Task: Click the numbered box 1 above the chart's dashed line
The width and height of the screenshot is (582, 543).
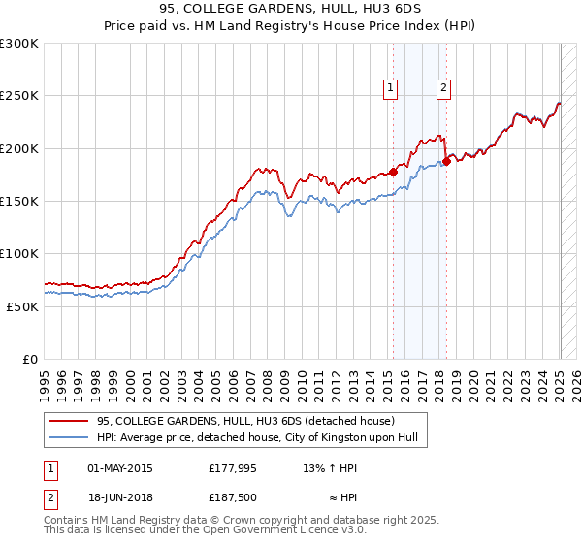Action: click(x=390, y=88)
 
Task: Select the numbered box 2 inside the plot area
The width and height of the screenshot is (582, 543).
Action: click(x=443, y=88)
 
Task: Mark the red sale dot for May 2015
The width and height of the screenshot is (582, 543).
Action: click(x=393, y=172)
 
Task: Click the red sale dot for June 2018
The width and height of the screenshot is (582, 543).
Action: click(x=446, y=162)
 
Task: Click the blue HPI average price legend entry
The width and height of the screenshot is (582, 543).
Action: click(x=256, y=438)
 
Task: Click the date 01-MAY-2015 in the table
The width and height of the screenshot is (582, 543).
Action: click(x=120, y=467)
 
